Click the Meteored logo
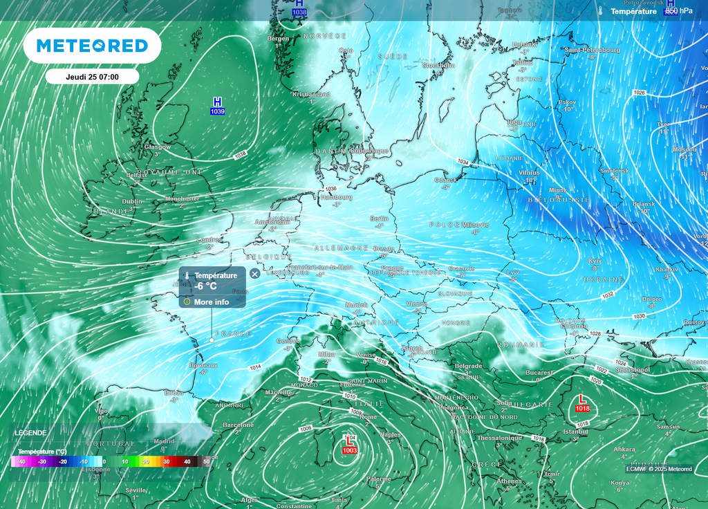pyautogui.click(x=92, y=46)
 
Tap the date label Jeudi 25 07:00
pyautogui.click(x=92, y=77)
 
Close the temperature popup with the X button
pyautogui.click(x=254, y=274)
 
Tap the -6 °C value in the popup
pyautogui.click(x=206, y=287)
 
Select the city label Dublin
pyautogui.click(x=132, y=201)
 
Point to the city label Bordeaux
pyautogui.click(x=203, y=365)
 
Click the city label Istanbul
pyautogui.click(x=575, y=432)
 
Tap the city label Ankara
pyautogui.click(x=624, y=450)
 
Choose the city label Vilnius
pyautogui.click(x=529, y=172)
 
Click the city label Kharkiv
pyautogui.click(x=667, y=269)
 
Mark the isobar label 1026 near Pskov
pyautogui.click(x=639, y=93)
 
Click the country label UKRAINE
pyautogui.click(x=604, y=279)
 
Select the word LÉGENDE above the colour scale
pyautogui.click(x=30, y=432)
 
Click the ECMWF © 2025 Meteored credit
pyautogui.click(x=658, y=469)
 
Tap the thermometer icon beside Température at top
pyautogui.click(x=602, y=11)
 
